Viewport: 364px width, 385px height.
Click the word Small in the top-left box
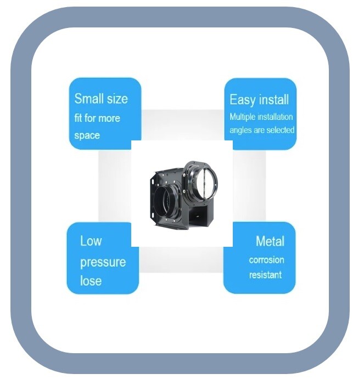pos(88,99)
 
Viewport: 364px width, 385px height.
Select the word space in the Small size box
pos(87,135)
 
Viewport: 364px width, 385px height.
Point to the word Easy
pos(242,100)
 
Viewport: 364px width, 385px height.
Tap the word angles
pos(241,131)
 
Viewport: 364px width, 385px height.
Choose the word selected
pos(281,131)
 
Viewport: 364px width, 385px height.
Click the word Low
pos(91,241)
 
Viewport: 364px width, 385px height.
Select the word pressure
pos(103,262)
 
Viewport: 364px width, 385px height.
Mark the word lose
pos(91,281)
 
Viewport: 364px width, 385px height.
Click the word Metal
pos(270,241)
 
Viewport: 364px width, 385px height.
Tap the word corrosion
pos(266,260)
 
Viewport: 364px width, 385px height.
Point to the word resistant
pos(265,275)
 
